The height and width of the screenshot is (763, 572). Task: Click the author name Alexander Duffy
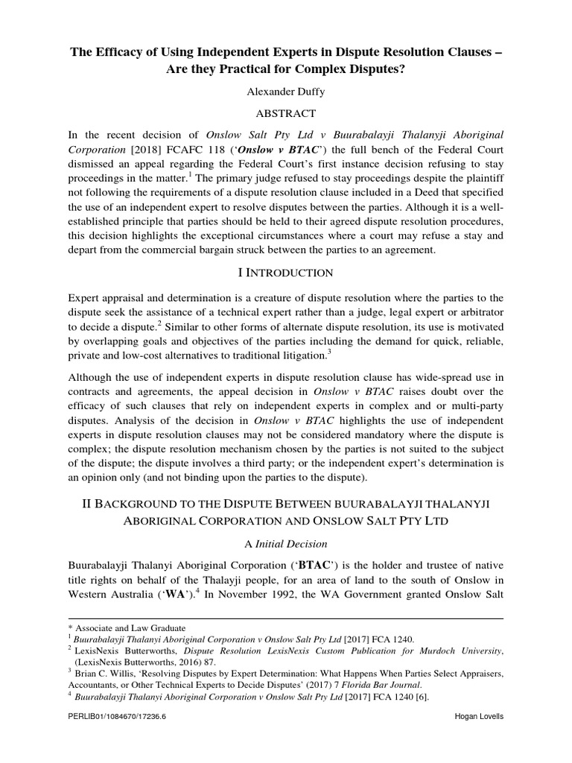click(x=287, y=92)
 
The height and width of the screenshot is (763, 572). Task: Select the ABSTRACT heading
click(x=287, y=113)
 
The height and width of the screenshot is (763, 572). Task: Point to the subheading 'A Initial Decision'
click(x=287, y=544)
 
